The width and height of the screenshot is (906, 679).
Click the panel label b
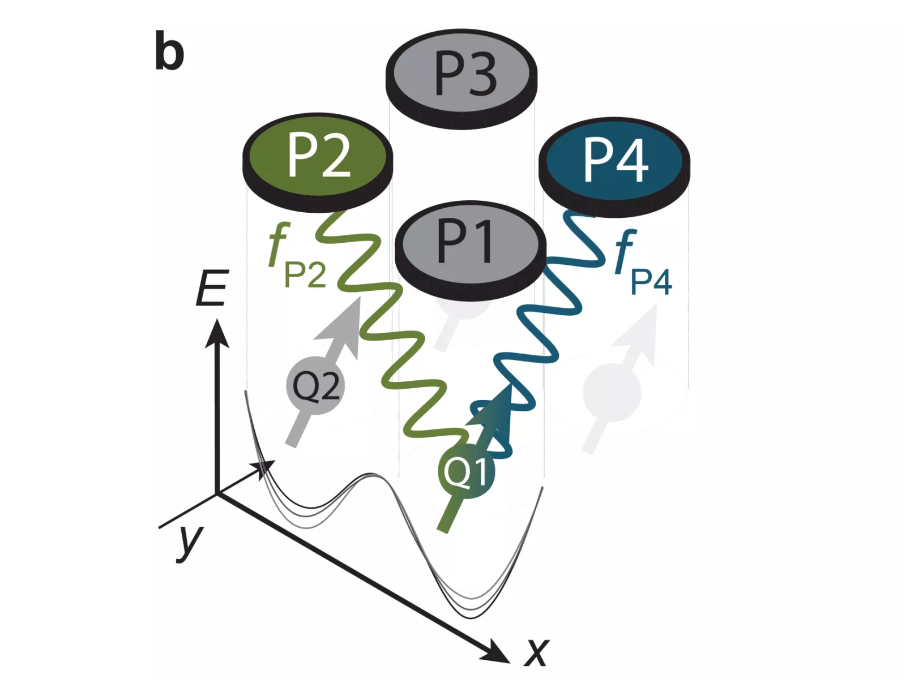tap(169, 53)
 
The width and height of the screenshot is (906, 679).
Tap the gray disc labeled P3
tap(461, 73)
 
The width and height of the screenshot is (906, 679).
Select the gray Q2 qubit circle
tap(315, 386)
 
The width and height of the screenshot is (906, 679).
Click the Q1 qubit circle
tap(466, 471)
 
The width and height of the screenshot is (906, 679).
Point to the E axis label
tap(212, 288)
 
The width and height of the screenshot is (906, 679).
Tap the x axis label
tap(536, 652)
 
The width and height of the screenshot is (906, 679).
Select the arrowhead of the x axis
tap(498, 652)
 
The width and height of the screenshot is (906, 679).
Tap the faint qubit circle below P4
tap(612, 393)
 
